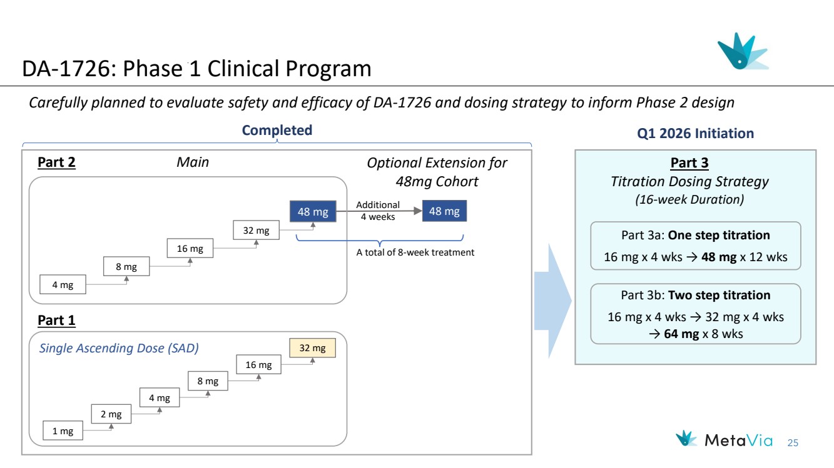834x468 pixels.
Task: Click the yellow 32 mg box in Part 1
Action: point(312,348)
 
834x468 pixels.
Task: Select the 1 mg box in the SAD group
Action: point(63,431)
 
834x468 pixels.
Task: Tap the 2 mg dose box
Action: point(111,414)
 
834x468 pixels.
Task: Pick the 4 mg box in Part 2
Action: point(63,285)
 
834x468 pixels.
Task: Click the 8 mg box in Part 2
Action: point(126,267)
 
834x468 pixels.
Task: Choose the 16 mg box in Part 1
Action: point(259,365)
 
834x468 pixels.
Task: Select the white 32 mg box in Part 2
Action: point(256,231)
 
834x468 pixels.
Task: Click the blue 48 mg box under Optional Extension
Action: point(444,211)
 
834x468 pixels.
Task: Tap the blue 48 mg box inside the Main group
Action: point(313,212)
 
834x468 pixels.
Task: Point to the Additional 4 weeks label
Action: point(378,211)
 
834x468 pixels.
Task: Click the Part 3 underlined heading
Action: point(689,163)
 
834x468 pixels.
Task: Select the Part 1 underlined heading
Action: point(56,321)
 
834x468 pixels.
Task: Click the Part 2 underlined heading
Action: point(56,162)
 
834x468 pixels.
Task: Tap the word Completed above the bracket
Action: point(277,130)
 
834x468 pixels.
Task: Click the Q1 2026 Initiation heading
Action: point(696,133)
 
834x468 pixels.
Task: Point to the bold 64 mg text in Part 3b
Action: point(681,334)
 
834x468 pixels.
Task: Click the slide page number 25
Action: point(793,443)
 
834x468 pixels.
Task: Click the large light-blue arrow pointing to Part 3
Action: point(553,301)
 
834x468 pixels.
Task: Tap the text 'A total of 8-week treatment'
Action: point(415,252)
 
